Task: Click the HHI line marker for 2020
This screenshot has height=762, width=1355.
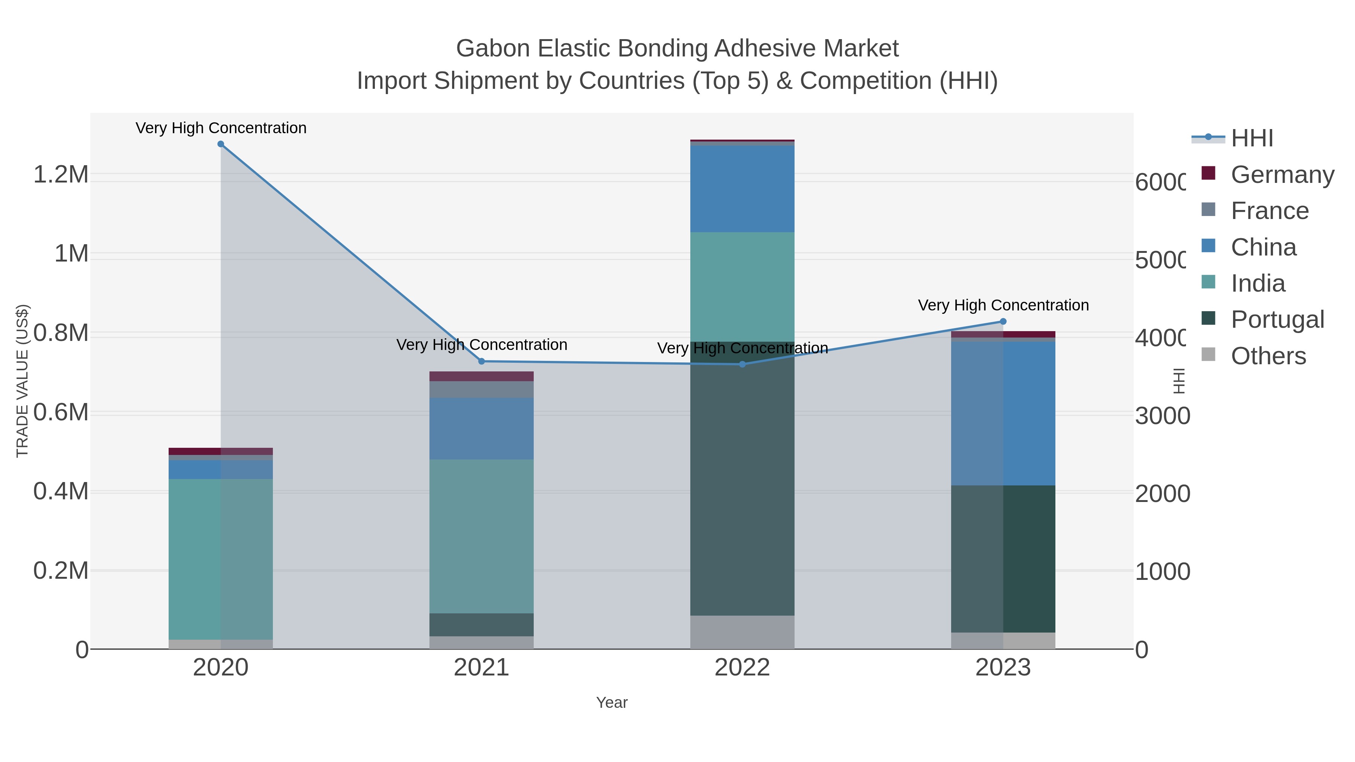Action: coord(221,144)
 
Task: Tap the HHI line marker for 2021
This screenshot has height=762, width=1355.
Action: coord(481,361)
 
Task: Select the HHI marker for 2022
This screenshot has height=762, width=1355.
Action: coord(742,364)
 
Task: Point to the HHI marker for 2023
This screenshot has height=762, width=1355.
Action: coord(1003,321)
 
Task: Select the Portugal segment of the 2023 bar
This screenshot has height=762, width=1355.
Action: coord(1003,558)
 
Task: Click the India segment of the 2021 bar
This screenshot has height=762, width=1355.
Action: coord(481,536)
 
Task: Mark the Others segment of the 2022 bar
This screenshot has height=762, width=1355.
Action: coord(742,632)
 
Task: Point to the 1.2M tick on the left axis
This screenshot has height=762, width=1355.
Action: coord(61,174)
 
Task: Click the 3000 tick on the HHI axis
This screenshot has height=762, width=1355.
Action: coord(1162,416)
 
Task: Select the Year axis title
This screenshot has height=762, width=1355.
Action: coord(612,703)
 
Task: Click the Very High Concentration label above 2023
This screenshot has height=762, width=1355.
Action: coord(1003,305)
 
